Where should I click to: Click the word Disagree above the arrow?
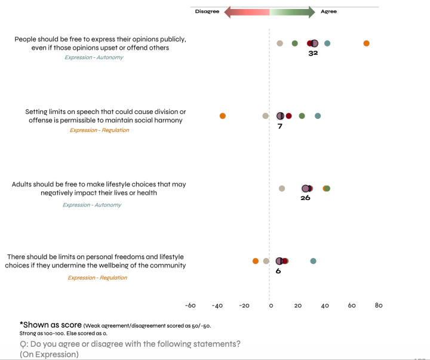click(x=207, y=11)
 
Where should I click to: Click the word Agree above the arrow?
click(x=328, y=11)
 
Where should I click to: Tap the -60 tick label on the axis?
click(x=190, y=306)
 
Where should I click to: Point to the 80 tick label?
click(x=379, y=306)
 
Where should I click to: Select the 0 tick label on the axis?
click(x=271, y=306)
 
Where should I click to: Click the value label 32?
click(x=313, y=53)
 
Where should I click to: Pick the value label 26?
click(x=305, y=198)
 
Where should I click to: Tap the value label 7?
click(x=279, y=126)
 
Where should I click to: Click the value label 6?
click(x=278, y=270)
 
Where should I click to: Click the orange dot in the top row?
click(x=366, y=43)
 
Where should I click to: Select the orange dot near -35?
click(x=223, y=116)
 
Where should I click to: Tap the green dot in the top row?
click(x=294, y=43)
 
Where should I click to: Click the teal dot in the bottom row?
click(x=313, y=261)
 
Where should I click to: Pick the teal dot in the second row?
click(x=318, y=116)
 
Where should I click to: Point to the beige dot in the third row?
click(x=282, y=189)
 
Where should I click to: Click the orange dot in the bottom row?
click(x=256, y=261)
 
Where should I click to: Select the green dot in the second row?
click(x=302, y=116)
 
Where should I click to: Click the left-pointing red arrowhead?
click(x=229, y=12)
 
